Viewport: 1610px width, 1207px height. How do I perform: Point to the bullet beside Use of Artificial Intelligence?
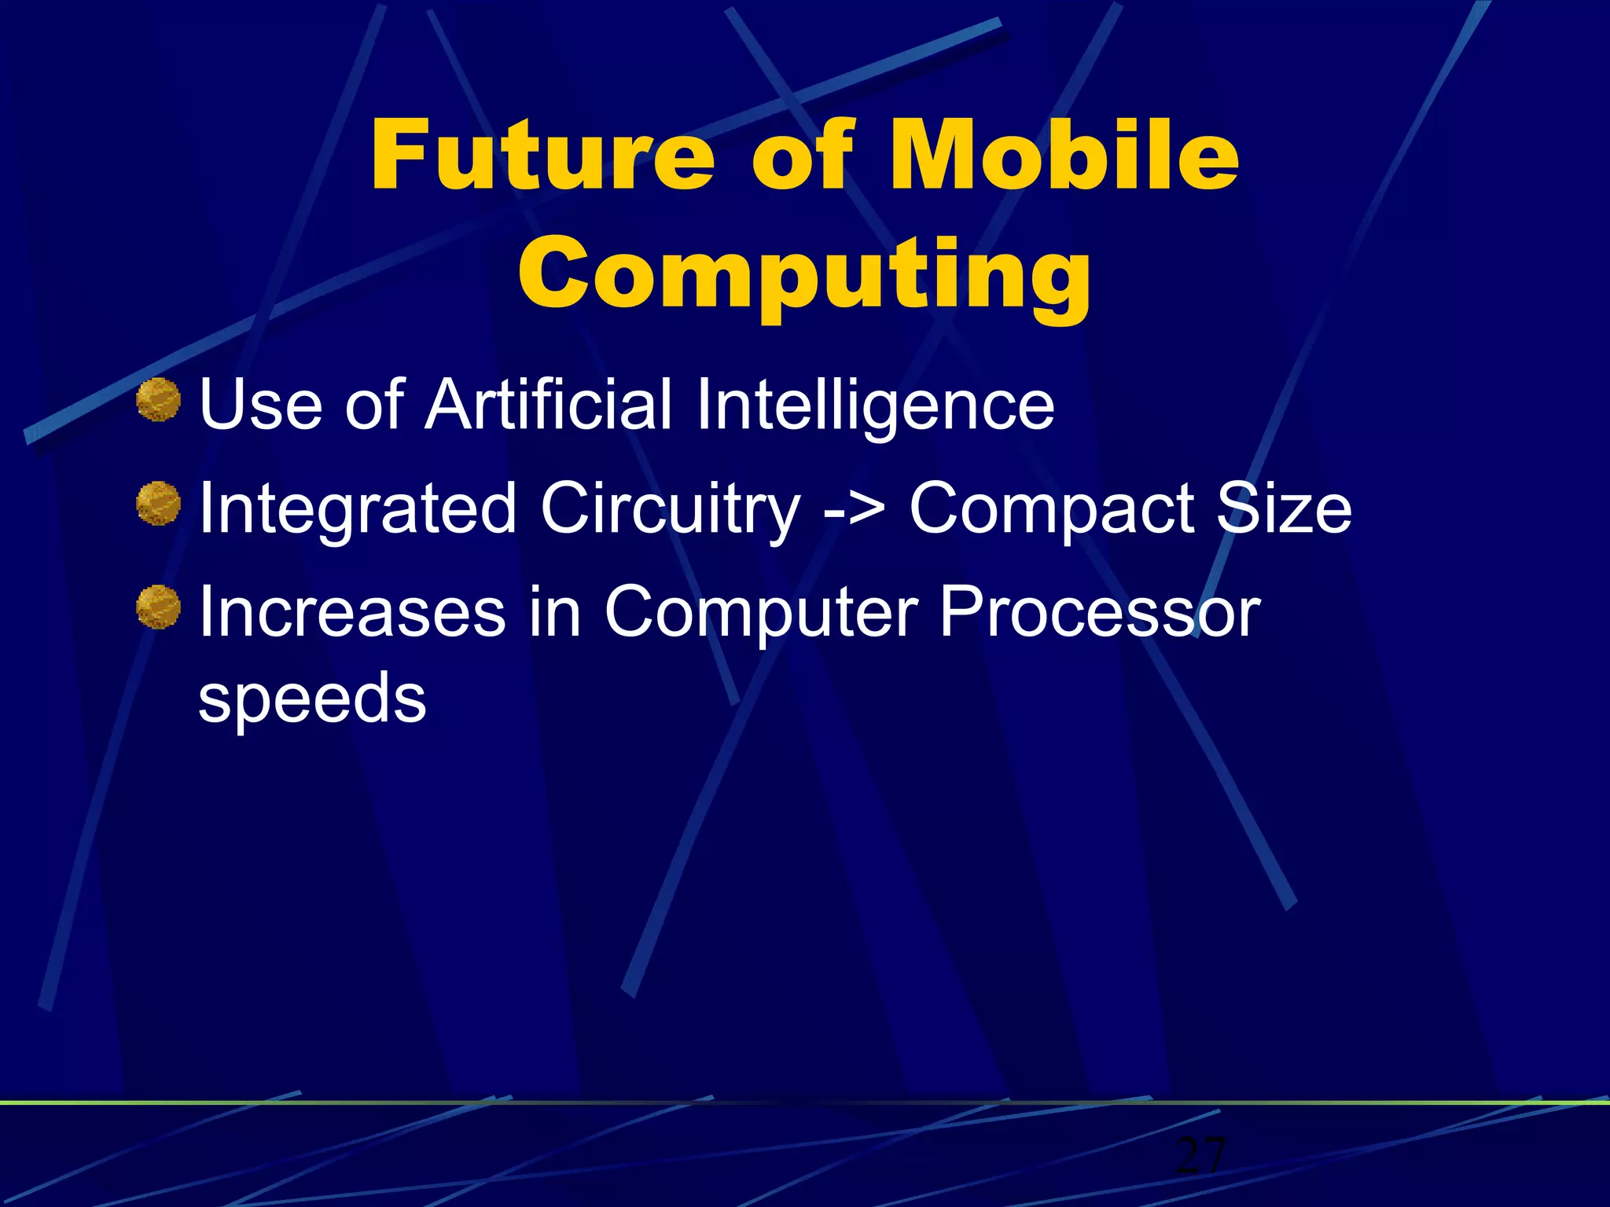coord(158,400)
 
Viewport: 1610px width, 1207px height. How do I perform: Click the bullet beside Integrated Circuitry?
coord(158,504)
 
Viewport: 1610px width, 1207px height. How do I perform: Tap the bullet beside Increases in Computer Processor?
coord(158,607)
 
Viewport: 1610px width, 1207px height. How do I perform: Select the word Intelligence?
coord(874,407)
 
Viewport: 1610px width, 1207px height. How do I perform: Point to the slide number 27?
coord(1200,1155)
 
